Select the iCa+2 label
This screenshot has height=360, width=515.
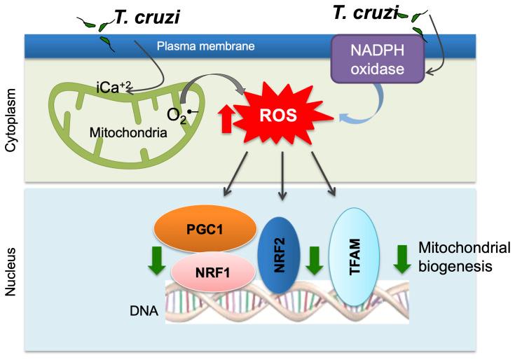(x=114, y=88)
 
